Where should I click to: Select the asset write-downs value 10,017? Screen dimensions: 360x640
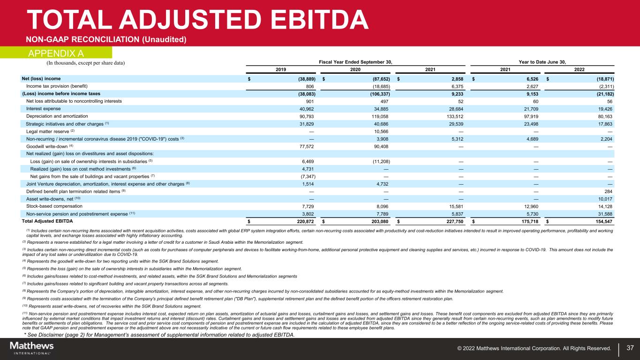tap(604, 199)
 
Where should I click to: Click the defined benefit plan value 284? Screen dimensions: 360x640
tap(609, 191)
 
